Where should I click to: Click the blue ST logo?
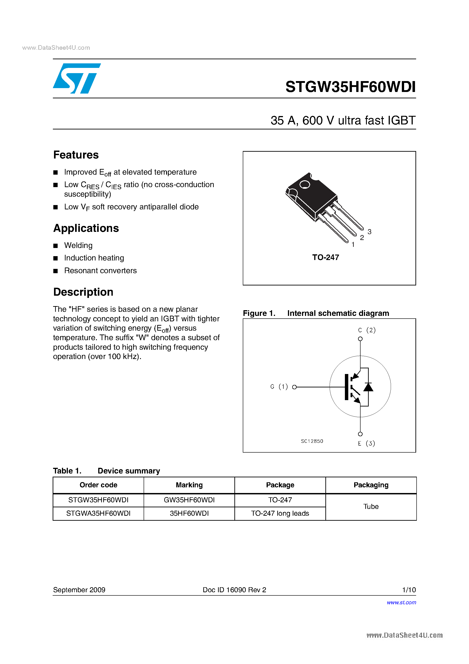point(76,78)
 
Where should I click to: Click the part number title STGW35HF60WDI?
point(350,87)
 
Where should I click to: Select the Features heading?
point(76,155)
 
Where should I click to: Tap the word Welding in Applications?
point(78,245)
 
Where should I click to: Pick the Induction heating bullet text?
point(94,258)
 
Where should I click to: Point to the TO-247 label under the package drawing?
point(325,257)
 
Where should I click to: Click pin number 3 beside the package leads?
point(369,232)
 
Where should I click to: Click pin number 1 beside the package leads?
point(353,245)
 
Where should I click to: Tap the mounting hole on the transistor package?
point(304,185)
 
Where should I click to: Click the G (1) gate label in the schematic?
point(279,387)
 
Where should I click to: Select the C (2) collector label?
point(366,330)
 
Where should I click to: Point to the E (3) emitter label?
point(366,443)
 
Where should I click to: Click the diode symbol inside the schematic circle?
point(368,387)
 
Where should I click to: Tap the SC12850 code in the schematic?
point(312,441)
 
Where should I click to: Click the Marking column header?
point(189,485)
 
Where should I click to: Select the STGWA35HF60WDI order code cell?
point(98,513)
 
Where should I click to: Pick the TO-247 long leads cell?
point(280,513)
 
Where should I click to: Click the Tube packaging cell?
point(371,506)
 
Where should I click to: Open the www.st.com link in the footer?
point(401,602)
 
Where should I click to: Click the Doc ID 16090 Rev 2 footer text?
point(234,590)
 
